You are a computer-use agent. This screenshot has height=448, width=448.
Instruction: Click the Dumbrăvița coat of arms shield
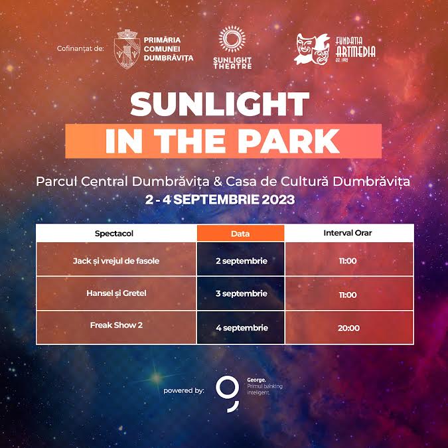(127, 49)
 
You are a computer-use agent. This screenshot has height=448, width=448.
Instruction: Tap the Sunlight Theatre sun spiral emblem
(232, 39)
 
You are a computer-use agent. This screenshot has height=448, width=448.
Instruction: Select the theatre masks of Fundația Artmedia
(312, 49)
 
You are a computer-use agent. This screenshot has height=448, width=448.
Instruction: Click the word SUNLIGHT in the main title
(220, 104)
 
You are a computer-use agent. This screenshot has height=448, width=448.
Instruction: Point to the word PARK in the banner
(289, 141)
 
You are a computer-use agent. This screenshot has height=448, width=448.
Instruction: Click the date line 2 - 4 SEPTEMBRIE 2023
(220, 199)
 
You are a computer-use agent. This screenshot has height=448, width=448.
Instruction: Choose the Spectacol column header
(114, 234)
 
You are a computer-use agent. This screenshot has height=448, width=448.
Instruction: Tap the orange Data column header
(240, 234)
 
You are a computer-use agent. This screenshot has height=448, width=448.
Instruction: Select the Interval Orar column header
(347, 233)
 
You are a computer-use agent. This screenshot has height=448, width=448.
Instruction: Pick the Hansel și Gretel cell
(116, 293)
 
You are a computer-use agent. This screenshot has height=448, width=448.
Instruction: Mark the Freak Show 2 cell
(116, 327)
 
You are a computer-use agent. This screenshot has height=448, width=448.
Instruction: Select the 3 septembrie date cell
(241, 293)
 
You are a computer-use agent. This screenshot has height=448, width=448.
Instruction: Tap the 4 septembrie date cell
(241, 327)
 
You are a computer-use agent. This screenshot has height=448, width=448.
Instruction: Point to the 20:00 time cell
(349, 327)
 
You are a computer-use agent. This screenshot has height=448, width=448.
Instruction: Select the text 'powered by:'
(184, 390)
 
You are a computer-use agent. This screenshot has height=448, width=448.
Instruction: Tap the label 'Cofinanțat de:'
(80, 48)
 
